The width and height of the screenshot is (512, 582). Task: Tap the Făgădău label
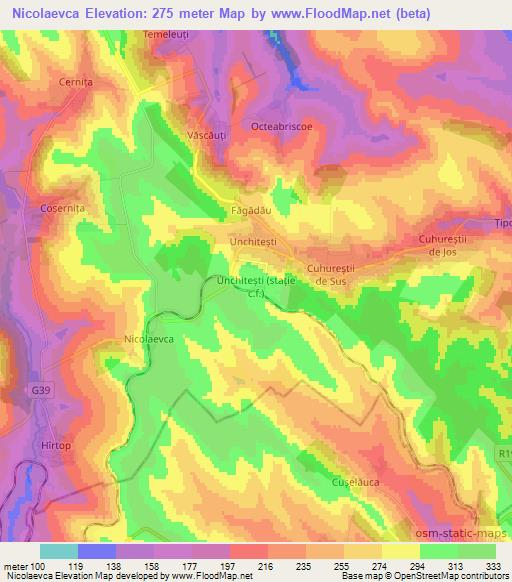tap(245, 211)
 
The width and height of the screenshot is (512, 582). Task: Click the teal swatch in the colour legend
tap(58, 551)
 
